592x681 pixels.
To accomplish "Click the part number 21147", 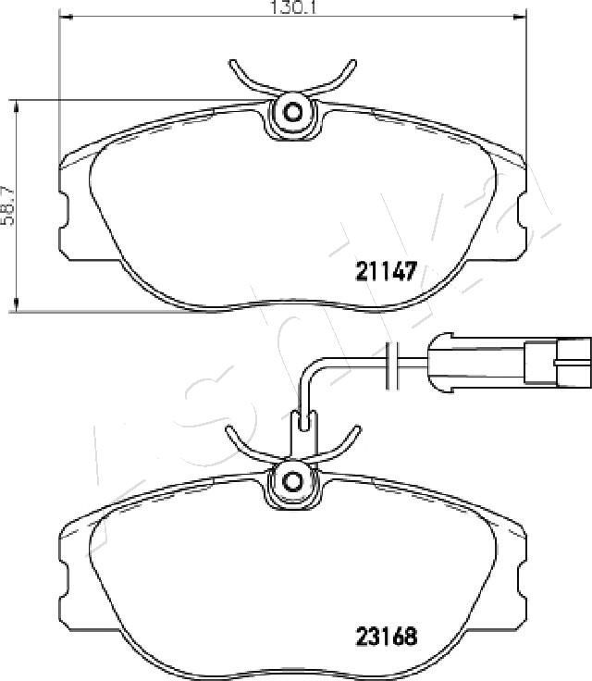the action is (x=386, y=271).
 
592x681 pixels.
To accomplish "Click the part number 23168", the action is (x=387, y=638).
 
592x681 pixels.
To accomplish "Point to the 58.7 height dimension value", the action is (x=7, y=205).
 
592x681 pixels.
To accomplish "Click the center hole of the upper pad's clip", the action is (x=292, y=113).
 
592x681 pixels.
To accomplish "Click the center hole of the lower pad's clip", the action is (x=292, y=481).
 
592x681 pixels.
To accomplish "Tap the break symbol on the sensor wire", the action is (x=392, y=365).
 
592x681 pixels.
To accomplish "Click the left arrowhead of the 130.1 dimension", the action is (x=64, y=17).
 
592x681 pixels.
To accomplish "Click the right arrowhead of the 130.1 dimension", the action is (x=520, y=17).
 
